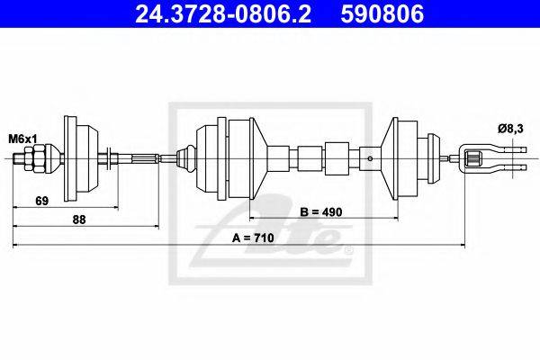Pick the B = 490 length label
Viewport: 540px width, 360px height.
coord(319,211)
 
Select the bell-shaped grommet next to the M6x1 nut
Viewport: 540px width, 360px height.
coord(76,161)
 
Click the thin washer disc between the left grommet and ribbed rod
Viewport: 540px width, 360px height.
coord(109,161)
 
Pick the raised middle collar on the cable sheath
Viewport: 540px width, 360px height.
coord(337,161)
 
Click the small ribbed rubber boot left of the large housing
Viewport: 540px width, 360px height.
coord(185,161)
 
